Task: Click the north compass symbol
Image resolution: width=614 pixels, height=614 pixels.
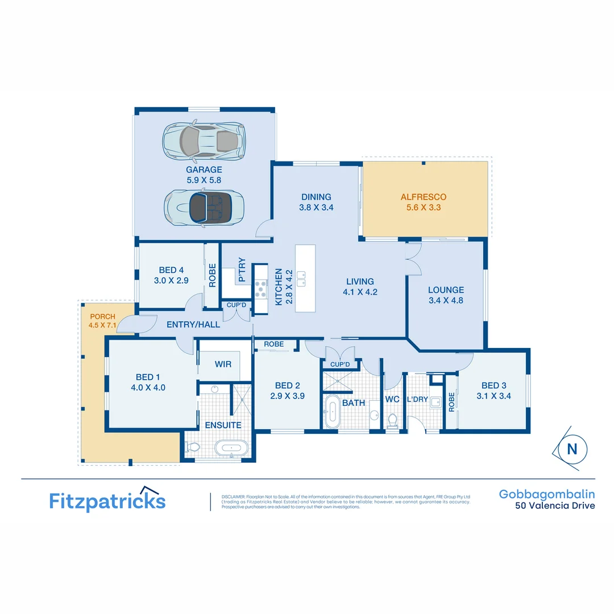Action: coord(571,449)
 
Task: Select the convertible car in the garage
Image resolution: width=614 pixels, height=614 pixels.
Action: coord(204,208)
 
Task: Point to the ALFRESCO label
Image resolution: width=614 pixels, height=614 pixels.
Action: coord(423,197)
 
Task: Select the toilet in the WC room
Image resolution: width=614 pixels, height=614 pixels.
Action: coord(392,420)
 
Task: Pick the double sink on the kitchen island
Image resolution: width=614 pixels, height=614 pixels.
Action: coord(301,279)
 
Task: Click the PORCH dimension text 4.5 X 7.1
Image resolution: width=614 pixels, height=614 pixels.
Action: coord(102,325)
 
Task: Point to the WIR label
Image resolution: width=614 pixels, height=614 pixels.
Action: coord(223,364)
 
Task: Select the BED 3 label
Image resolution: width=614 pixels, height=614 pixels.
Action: coord(493,385)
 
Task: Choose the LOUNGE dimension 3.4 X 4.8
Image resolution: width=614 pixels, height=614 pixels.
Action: coord(446,300)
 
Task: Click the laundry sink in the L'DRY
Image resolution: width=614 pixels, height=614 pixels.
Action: coord(435,403)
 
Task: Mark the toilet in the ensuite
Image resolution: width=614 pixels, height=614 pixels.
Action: coord(193,447)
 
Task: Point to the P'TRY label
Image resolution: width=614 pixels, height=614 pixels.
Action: coord(242,271)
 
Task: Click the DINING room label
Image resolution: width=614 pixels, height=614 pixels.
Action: coord(316,197)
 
